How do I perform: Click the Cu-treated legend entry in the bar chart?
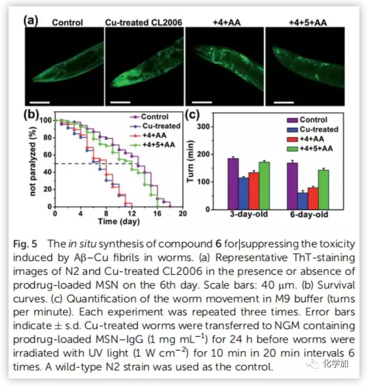pos(319,129)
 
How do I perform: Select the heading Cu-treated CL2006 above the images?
pos(143,22)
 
